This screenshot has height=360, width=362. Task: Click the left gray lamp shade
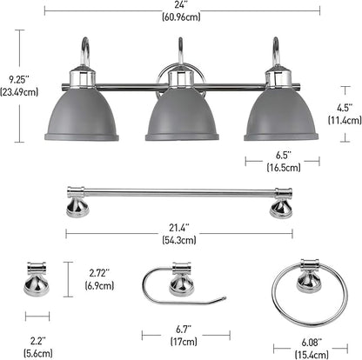80,114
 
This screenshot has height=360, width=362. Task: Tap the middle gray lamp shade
181,114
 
